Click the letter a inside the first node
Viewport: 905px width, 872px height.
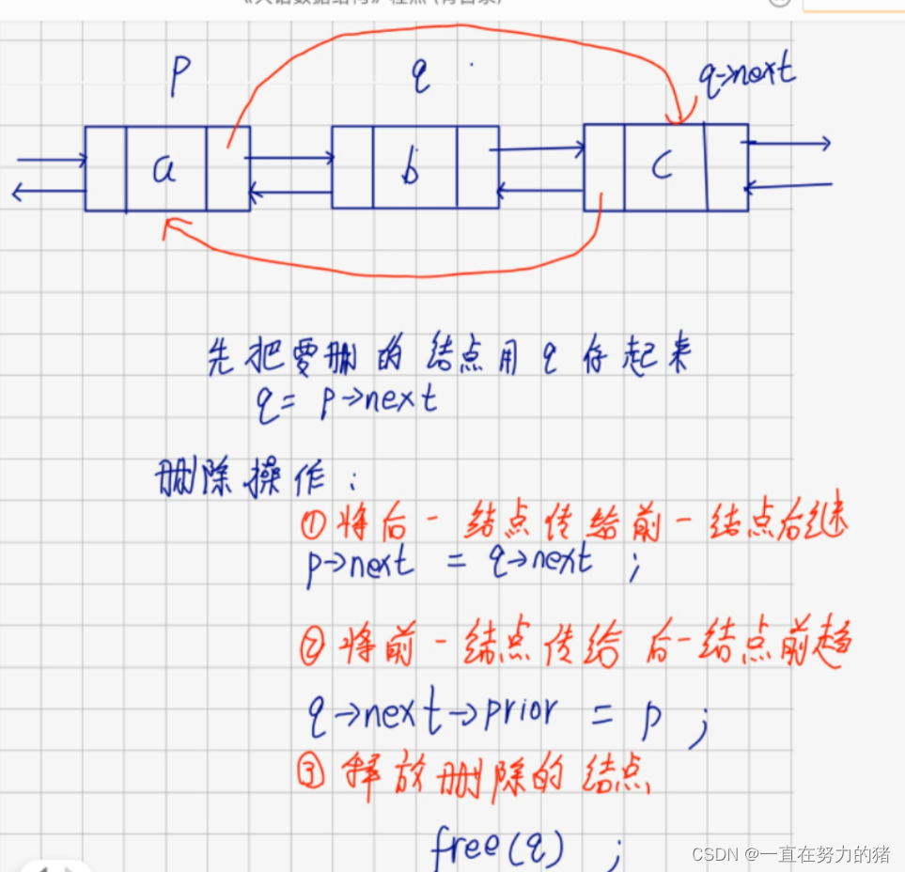click(x=165, y=169)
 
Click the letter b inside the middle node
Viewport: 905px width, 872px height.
click(x=410, y=170)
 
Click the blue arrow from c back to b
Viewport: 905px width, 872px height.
click(x=539, y=192)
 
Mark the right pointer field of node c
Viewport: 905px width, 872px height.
click(x=726, y=167)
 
